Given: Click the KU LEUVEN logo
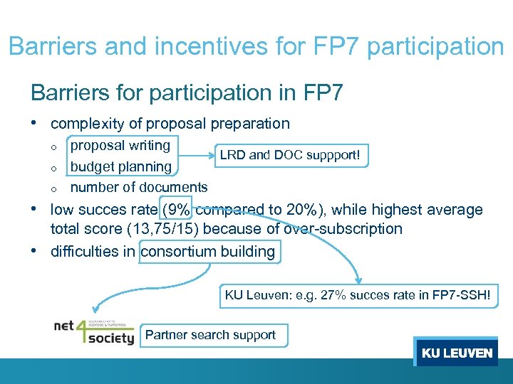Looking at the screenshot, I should [x=456, y=353].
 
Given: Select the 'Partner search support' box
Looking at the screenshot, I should [x=212, y=335].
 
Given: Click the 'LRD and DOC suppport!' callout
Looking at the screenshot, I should [x=294, y=154].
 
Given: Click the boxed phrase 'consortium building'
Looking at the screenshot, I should [x=209, y=251].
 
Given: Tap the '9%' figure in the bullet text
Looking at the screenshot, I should [x=177, y=210].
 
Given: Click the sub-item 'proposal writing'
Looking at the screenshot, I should [x=120, y=146].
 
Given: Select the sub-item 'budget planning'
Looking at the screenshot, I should [x=121, y=166].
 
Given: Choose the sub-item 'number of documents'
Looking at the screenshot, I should [x=139, y=187].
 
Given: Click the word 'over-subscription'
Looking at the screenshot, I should [x=343, y=229].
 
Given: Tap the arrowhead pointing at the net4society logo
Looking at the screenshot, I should [x=98, y=309].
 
